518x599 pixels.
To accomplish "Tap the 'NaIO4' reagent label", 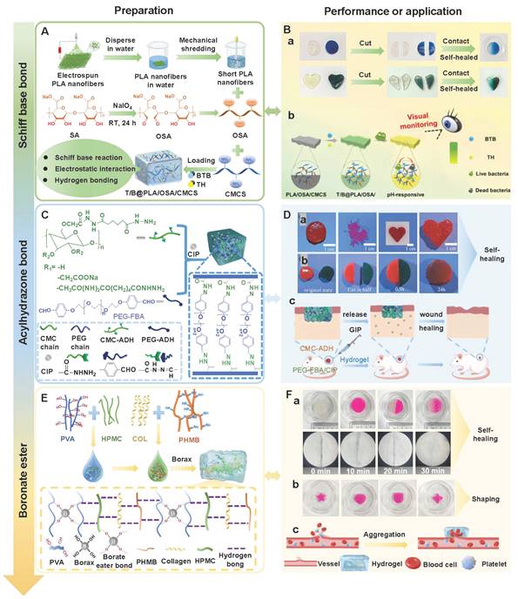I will click(x=147, y=106).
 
